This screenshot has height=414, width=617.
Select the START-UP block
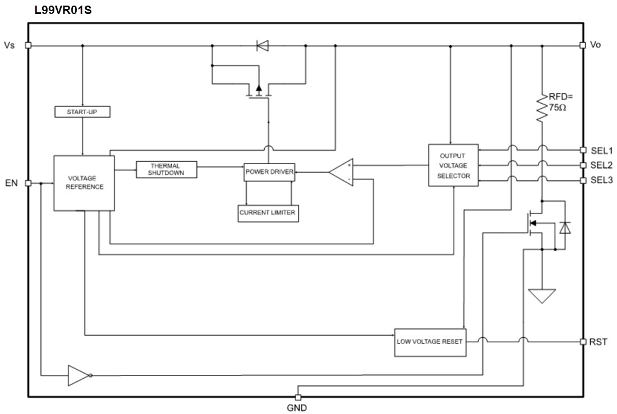(82, 112)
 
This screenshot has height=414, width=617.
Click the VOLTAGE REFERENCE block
(84, 183)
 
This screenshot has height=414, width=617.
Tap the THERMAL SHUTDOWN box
(167, 169)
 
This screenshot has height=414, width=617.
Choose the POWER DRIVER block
(269, 172)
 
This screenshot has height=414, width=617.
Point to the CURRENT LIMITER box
(268, 213)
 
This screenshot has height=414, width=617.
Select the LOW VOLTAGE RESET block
(430, 341)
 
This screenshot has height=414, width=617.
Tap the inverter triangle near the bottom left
(77, 375)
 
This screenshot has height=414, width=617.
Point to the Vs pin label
(10, 45)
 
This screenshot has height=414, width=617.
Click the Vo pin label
(595, 45)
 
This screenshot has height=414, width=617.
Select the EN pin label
(11, 183)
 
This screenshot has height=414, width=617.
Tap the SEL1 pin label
(600, 150)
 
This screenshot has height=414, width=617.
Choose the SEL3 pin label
(600, 180)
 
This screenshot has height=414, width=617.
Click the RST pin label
(598, 342)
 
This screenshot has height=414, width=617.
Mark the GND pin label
(297, 407)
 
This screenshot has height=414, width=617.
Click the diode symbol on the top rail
(262, 45)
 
